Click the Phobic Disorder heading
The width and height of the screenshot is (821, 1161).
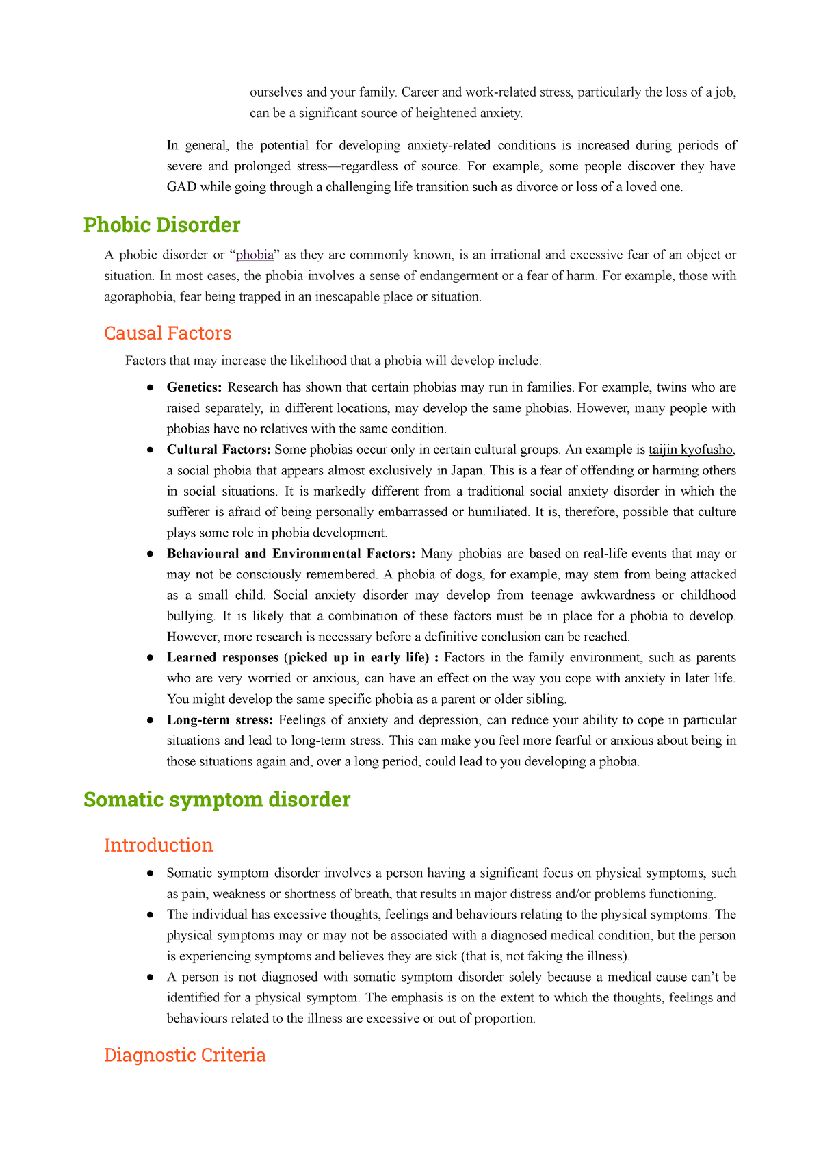tap(161, 225)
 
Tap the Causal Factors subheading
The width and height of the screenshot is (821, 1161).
tap(168, 333)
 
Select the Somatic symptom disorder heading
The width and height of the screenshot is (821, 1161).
tap(216, 800)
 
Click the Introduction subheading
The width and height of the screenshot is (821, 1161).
tap(158, 845)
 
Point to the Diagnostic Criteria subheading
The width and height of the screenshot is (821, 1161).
tap(185, 1055)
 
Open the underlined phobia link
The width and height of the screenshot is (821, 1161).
tap(255, 255)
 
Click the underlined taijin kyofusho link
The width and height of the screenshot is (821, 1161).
tap(691, 450)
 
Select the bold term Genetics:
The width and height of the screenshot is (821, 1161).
tap(194, 388)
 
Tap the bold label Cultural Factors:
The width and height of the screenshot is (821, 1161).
tap(219, 450)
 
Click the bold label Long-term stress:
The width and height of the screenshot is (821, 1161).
tap(220, 720)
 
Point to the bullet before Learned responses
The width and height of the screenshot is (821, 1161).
tap(149, 658)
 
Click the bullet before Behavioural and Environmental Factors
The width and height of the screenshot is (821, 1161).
tap(149, 554)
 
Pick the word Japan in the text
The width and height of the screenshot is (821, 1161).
tap(467, 471)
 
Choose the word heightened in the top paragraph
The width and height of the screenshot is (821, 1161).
tap(443, 113)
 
